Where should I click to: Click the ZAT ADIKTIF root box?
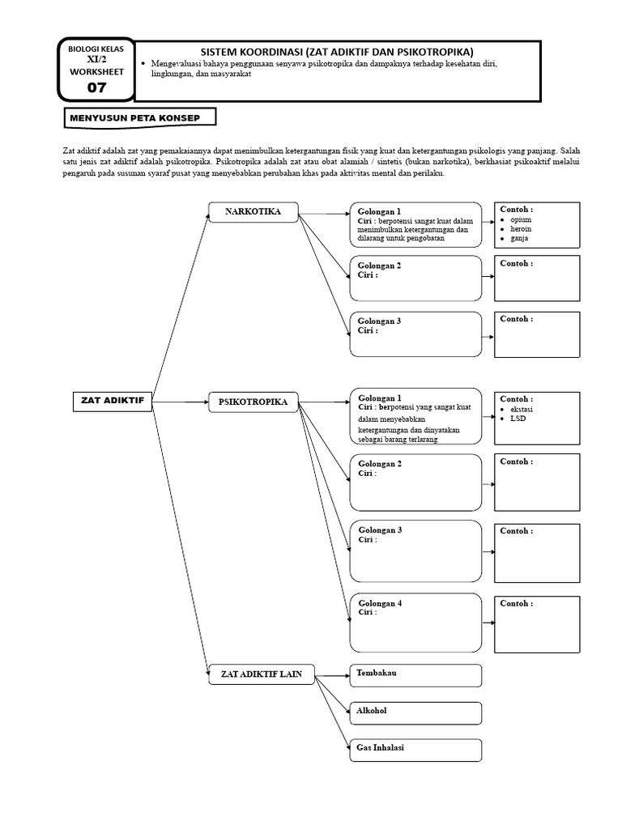point(112,401)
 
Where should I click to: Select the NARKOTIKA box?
point(253,212)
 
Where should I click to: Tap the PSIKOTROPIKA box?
point(253,402)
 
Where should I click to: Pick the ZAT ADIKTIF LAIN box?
point(262,674)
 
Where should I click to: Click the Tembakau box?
point(415,674)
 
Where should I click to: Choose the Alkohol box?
point(415,712)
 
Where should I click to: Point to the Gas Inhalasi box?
point(415,750)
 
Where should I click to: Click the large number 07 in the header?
point(96,87)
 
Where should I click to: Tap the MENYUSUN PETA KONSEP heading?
point(140,118)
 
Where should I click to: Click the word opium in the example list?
point(521,219)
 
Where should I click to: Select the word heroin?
point(521,229)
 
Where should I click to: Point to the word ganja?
point(519,239)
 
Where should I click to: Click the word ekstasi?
point(522,409)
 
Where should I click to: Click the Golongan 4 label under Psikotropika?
point(380,603)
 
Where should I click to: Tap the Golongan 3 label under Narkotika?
point(380,321)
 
